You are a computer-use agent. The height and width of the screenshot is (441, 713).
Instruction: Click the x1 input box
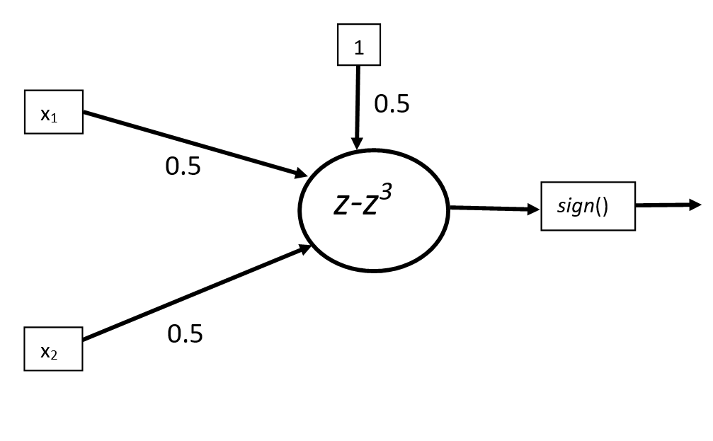point(54,112)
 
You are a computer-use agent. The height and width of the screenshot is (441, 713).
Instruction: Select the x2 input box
point(53,349)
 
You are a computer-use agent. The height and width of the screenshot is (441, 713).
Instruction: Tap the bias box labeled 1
point(358,45)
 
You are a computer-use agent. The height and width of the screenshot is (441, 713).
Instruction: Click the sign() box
point(588,206)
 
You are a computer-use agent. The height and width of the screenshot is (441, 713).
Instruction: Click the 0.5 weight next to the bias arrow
point(392,104)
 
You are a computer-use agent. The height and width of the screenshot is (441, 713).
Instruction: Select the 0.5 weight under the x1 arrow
point(183,166)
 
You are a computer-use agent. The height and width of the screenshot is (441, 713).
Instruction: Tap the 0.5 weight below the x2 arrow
point(185,333)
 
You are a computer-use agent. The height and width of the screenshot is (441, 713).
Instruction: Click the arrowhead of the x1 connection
point(301,173)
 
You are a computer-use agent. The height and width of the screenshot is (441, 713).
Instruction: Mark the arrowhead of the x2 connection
point(304,248)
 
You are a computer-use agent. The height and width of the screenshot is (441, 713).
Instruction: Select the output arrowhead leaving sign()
point(695,205)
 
